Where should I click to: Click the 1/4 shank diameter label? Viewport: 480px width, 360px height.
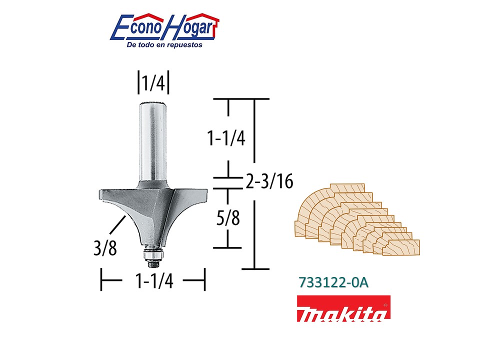(153, 82)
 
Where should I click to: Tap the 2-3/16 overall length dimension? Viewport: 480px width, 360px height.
(269, 181)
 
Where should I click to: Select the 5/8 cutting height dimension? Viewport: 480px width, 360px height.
(228, 218)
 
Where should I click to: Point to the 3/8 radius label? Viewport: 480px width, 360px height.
(105, 248)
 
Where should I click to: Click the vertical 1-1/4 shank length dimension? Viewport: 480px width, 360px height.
(226, 138)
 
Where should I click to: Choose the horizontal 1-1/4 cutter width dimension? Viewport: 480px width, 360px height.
(154, 280)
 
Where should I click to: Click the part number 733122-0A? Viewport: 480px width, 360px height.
(333, 282)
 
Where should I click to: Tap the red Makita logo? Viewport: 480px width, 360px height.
(343, 308)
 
